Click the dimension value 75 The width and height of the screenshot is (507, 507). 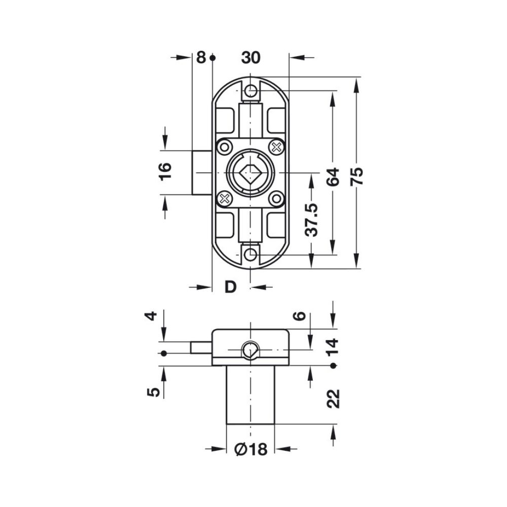[x=357, y=176]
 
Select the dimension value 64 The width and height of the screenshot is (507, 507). [x=333, y=176]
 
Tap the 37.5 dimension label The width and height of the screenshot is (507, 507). [x=312, y=220]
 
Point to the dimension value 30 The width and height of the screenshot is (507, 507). [x=250, y=58]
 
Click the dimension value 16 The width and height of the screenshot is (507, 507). [x=165, y=171]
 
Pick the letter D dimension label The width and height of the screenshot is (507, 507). [x=231, y=287]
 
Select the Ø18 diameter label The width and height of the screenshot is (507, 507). [x=251, y=449]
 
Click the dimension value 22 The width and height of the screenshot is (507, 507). [x=334, y=399]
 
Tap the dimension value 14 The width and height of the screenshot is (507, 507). [x=333, y=347]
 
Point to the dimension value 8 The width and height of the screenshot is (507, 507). [x=201, y=58]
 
